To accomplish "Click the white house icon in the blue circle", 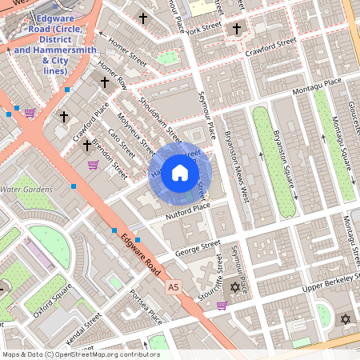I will click(180, 173).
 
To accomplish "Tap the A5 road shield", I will click(173, 286).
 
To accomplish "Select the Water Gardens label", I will click(26, 190).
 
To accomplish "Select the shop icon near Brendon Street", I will click(93, 165).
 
